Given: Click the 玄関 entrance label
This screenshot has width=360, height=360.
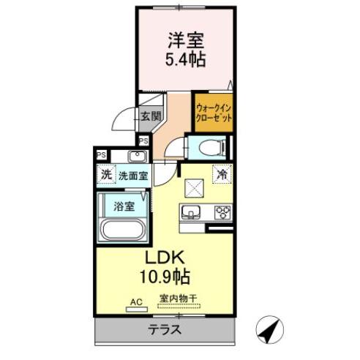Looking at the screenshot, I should pos(151,115).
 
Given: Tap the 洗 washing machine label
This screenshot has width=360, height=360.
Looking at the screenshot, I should pos(106,176).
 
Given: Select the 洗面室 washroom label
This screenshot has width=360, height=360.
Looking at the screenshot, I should pos(133,176).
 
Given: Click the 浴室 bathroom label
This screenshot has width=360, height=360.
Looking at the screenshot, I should pos(124,206).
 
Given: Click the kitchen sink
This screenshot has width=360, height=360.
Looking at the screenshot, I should pos(191,213).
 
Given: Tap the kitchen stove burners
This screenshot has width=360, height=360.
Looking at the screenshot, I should pos(222,213).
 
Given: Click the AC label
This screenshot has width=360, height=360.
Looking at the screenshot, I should pos(136,300).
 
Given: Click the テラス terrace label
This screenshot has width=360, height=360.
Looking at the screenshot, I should pos(165,330).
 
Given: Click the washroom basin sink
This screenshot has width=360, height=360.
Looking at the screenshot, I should pos(136,157).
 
